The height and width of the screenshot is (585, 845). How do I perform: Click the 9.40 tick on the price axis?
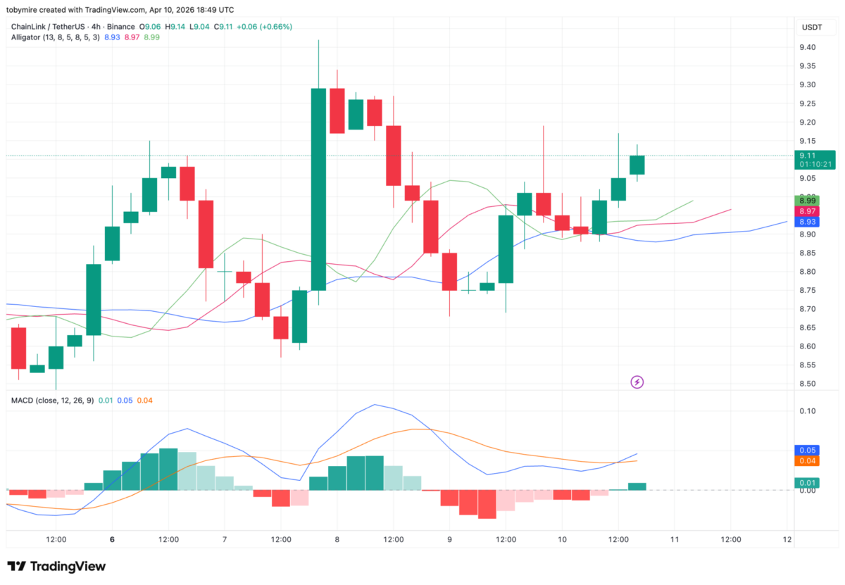(807, 47)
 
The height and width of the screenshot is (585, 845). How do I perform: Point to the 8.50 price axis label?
(807, 384)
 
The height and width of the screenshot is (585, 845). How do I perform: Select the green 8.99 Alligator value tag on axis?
(806, 201)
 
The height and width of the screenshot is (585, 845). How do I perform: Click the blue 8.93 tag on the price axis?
(806, 222)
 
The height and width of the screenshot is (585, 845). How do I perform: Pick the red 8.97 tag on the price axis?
(806, 211)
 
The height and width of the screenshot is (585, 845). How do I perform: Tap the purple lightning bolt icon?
(637, 382)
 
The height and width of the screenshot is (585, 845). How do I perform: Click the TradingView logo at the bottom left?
(56, 567)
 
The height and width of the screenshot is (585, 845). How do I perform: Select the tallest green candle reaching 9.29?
(318, 189)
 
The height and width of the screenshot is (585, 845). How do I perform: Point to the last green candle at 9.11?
(637, 165)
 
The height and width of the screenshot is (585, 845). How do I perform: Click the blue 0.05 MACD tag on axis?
(806, 450)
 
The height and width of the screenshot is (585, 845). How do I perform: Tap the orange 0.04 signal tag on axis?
(806, 461)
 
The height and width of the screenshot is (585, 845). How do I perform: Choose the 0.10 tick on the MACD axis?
(807, 410)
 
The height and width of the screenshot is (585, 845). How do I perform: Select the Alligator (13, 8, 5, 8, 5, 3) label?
(55, 37)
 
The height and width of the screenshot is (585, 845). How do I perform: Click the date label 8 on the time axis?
(337, 540)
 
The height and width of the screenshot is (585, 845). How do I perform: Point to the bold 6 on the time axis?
(112, 540)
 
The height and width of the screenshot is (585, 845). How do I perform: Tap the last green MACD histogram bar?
(637, 486)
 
